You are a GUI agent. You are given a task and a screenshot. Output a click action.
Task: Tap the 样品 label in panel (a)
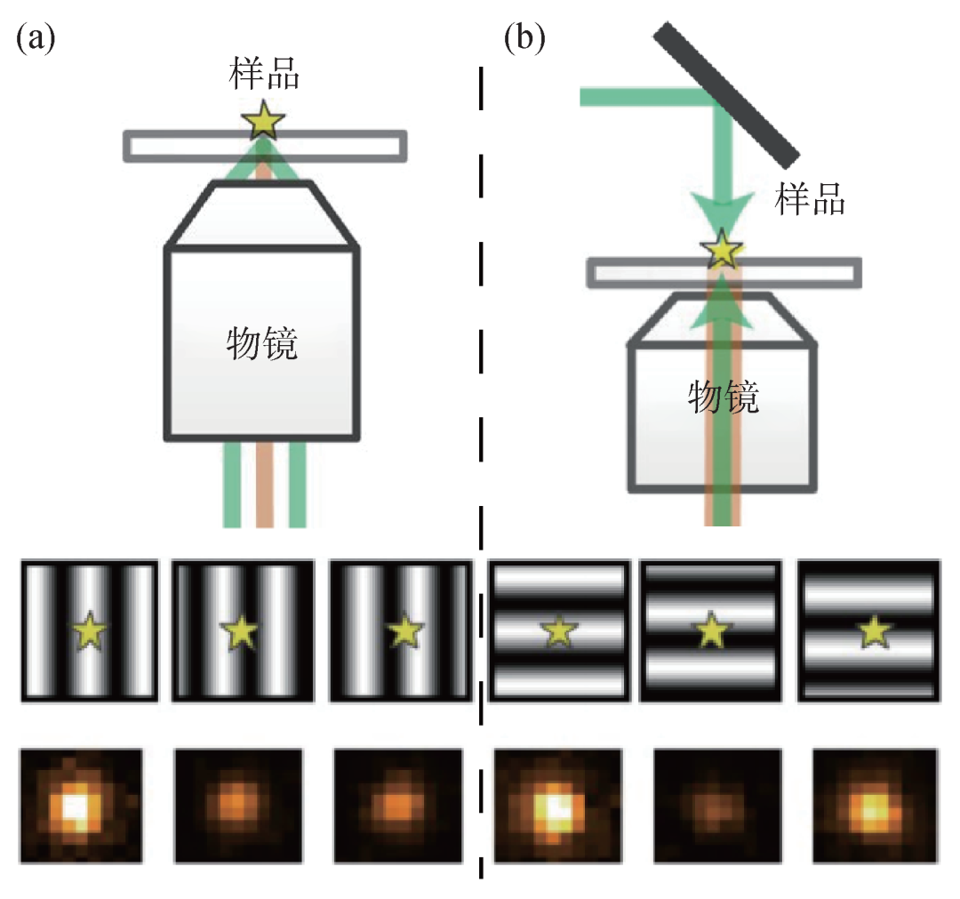(264, 76)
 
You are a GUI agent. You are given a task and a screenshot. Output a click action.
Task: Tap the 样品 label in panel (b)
(808, 199)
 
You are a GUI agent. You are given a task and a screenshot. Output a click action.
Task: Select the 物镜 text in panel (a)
(262, 342)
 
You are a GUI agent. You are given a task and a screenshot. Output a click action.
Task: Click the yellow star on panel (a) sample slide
(264, 122)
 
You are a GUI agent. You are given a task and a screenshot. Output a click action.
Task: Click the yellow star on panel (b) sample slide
(722, 251)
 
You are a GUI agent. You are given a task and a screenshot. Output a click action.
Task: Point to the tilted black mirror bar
(725, 92)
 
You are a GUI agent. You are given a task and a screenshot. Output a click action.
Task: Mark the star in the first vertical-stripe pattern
(89, 632)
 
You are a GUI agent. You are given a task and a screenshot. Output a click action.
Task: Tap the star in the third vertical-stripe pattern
(404, 631)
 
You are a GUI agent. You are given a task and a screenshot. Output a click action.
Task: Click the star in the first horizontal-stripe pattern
(558, 632)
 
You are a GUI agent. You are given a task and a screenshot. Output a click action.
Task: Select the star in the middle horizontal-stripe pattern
(712, 632)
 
